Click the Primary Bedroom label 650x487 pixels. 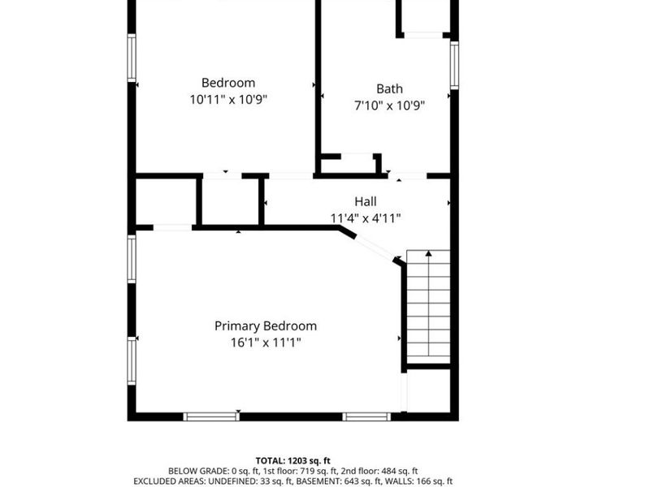pyautogui.click(x=265, y=326)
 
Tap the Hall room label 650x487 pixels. pyautogui.click(x=365, y=201)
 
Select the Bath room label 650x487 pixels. pyautogui.click(x=389, y=88)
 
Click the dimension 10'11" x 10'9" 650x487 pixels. pyautogui.click(x=228, y=99)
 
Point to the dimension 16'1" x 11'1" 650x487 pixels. pyautogui.click(x=265, y=343)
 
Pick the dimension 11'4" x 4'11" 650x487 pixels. pyautogui.click(x=365, y=218)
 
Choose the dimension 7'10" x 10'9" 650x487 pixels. pyautogui.click(x=389, y=105)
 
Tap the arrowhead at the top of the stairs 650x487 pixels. pyautogui.click(x=428, y=254)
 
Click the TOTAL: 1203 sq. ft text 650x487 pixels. pyautogui.click(x=292, y=460)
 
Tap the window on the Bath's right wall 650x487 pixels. pyautogui.click(x=455, y=64)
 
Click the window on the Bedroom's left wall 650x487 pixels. pyautogui.click(x=131, y=57)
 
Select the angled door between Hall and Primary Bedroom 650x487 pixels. pyautogui.click(x=374, y=247)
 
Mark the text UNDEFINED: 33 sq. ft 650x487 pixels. pyautogui.click(x=262, y=481)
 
